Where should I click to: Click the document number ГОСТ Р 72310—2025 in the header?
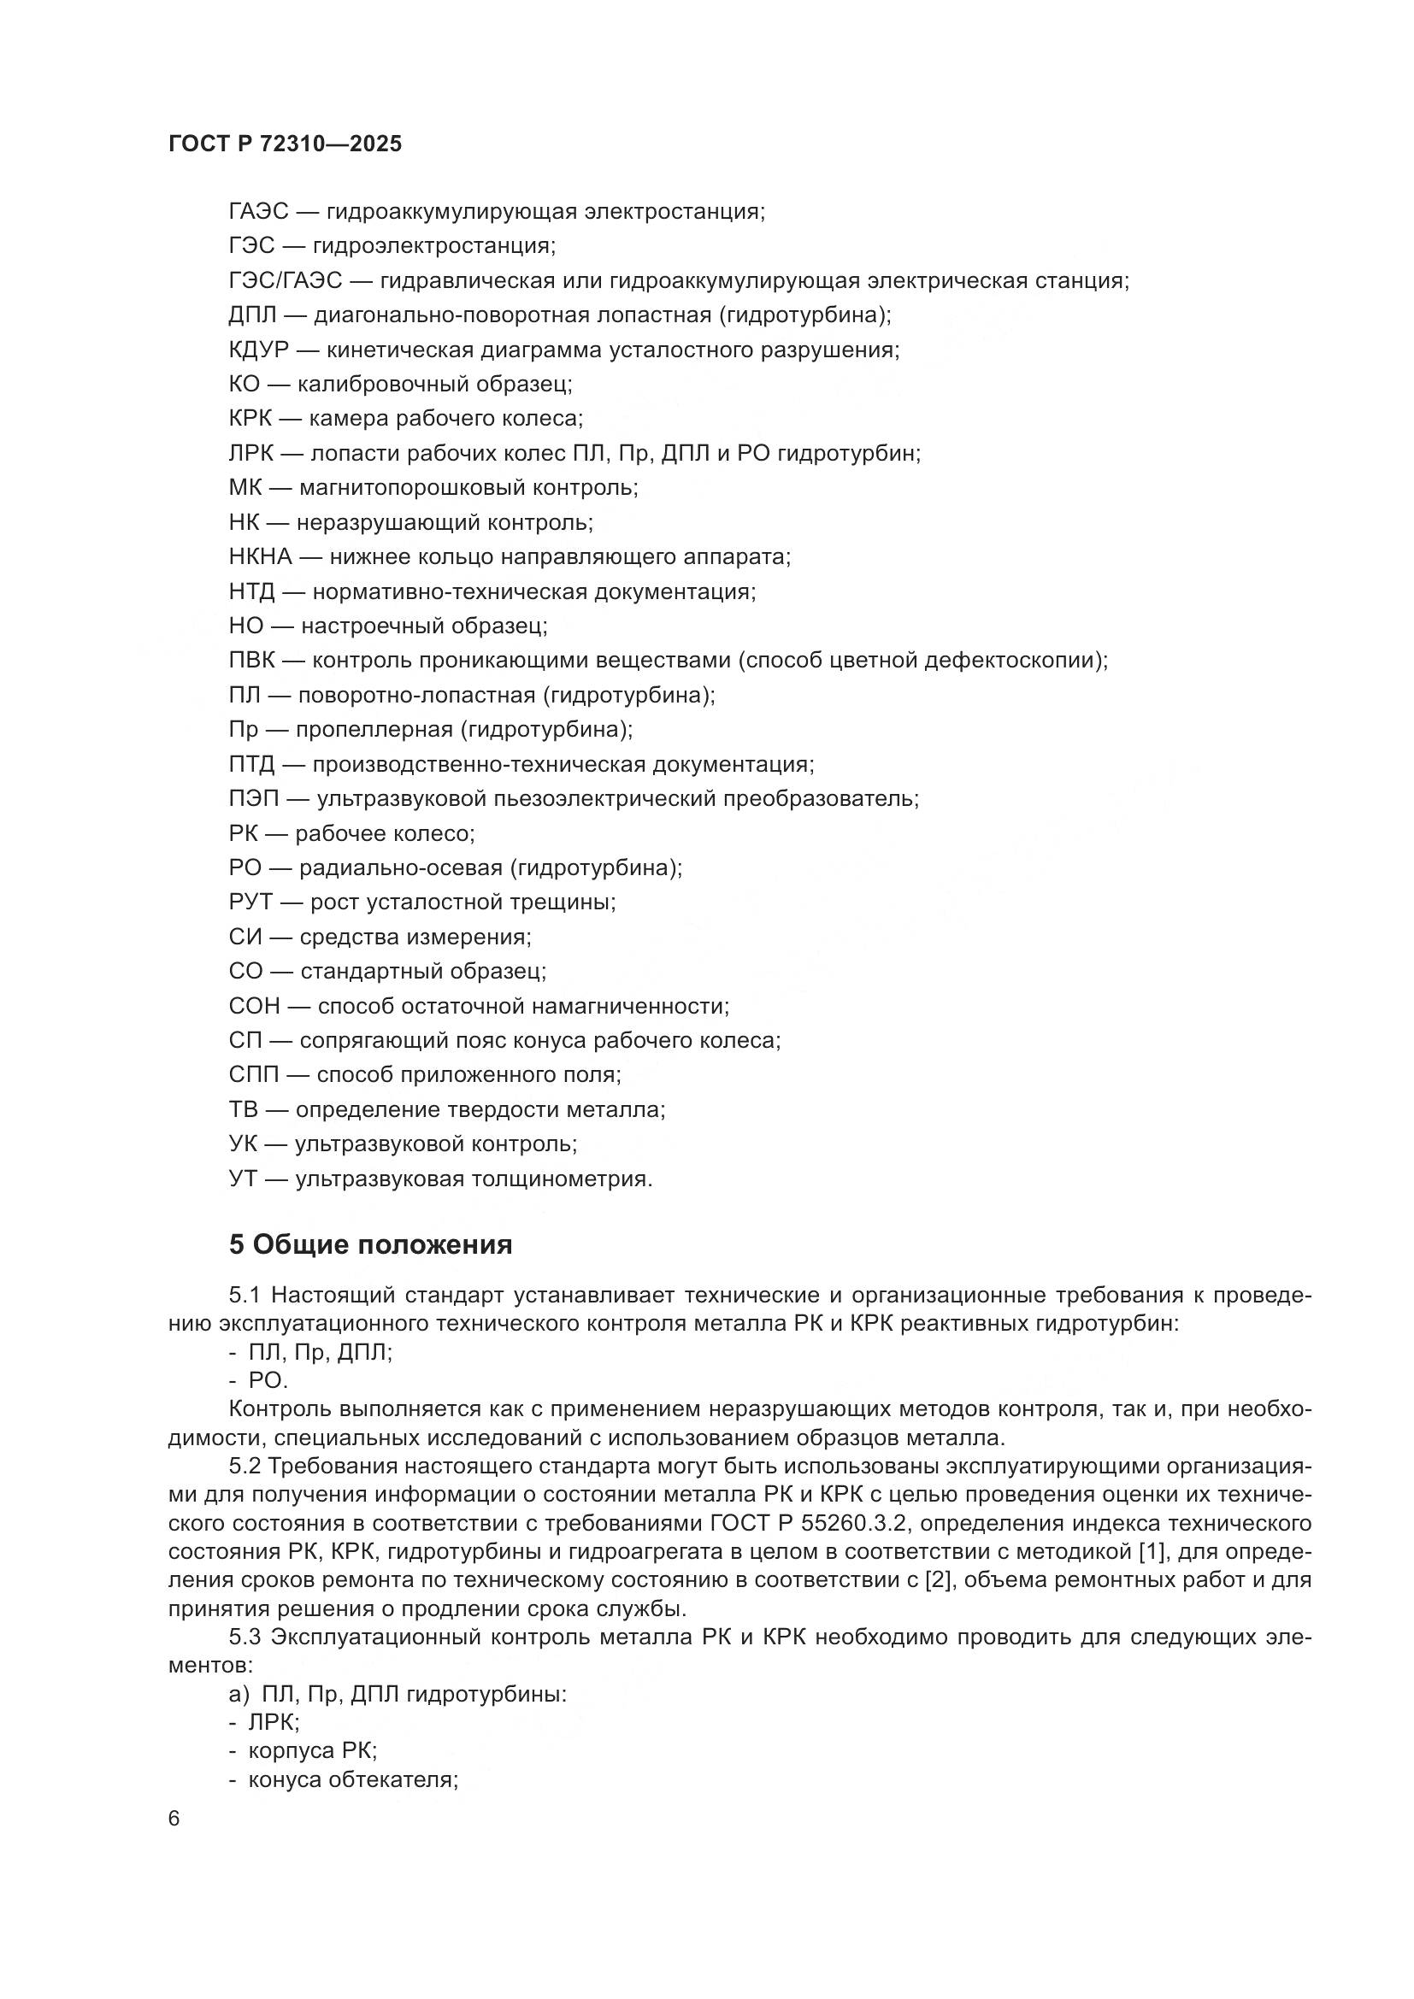point(285,144)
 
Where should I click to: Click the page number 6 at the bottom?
point(174,1819)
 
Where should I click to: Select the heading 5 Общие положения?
point(370,1245)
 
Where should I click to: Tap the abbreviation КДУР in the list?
point(257,350)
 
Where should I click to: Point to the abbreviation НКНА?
point(261,557)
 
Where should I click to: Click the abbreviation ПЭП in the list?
point(253,798)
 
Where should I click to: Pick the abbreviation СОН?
point(254,1007)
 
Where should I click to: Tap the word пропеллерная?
point(374,730)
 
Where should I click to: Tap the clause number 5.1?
point(245,1320)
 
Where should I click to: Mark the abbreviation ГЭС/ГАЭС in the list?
point(286,281)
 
